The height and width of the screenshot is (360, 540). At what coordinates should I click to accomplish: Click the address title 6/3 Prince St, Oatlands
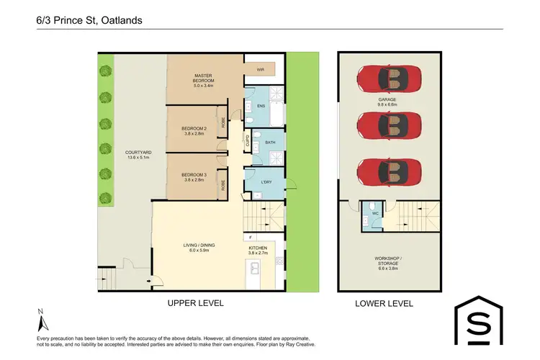89,20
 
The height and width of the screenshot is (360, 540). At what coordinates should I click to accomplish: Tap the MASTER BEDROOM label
204,78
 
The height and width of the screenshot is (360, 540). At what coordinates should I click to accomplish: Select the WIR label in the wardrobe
262,71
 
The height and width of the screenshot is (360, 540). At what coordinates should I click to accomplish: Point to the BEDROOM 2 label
194,130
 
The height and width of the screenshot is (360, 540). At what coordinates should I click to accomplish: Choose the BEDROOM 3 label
194,177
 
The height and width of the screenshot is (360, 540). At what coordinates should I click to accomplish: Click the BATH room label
270,143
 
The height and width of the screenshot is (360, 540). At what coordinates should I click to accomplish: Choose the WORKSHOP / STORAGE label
388,260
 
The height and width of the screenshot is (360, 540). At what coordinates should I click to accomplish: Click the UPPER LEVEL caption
196,303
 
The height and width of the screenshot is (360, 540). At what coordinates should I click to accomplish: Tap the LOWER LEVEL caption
384,303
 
